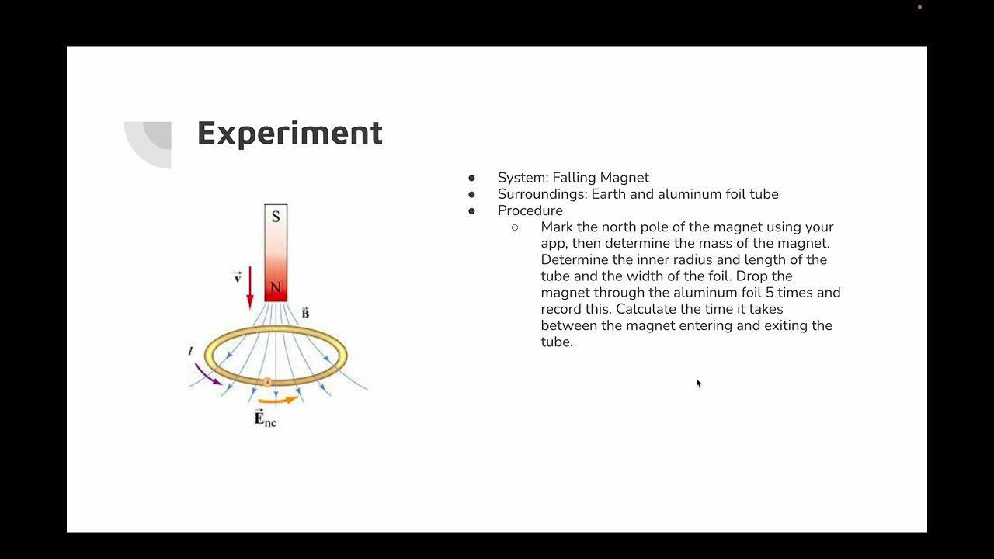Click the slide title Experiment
(x=290, y=133)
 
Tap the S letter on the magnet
(x=276, y=217)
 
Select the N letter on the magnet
(x=276, y=288)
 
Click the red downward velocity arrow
(x=250, y=289)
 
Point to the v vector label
(x=238, y=277)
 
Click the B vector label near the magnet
(x=305, y=313)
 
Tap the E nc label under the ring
(x=265, y=418)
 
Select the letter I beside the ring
(x=190, y=352)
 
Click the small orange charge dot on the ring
(x=267, y=382)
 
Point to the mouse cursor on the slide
(x=698, y=383)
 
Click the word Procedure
(x=530, y=210)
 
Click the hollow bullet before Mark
(x=515, y=227)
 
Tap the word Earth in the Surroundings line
(x=609, y=194)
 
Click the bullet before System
(x=471, y=178)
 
